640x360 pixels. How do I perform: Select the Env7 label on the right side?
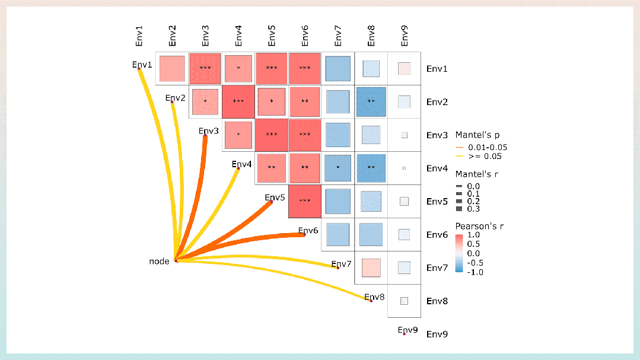pos(437,268)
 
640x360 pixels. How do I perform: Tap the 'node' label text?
pos(159,261)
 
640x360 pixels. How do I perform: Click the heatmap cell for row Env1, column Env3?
pos(205,68)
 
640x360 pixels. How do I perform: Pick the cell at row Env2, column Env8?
pos(371,101)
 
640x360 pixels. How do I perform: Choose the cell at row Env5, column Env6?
pos(305,201)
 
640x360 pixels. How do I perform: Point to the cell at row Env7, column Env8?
pos(371,267)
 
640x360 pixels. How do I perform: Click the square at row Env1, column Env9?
pos(405,68)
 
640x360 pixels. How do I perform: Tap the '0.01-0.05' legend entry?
pos(487,147)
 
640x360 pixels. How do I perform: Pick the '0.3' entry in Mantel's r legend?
pos(473,209)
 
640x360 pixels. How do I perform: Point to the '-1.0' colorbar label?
pos(475,272)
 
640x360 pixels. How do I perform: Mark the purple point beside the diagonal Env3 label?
pos(205,136)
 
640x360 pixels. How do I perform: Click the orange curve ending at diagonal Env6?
pos(249,241)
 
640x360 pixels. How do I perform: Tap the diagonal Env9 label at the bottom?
pos(408,330)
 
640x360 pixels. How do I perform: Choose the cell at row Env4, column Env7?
pos(338,168)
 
